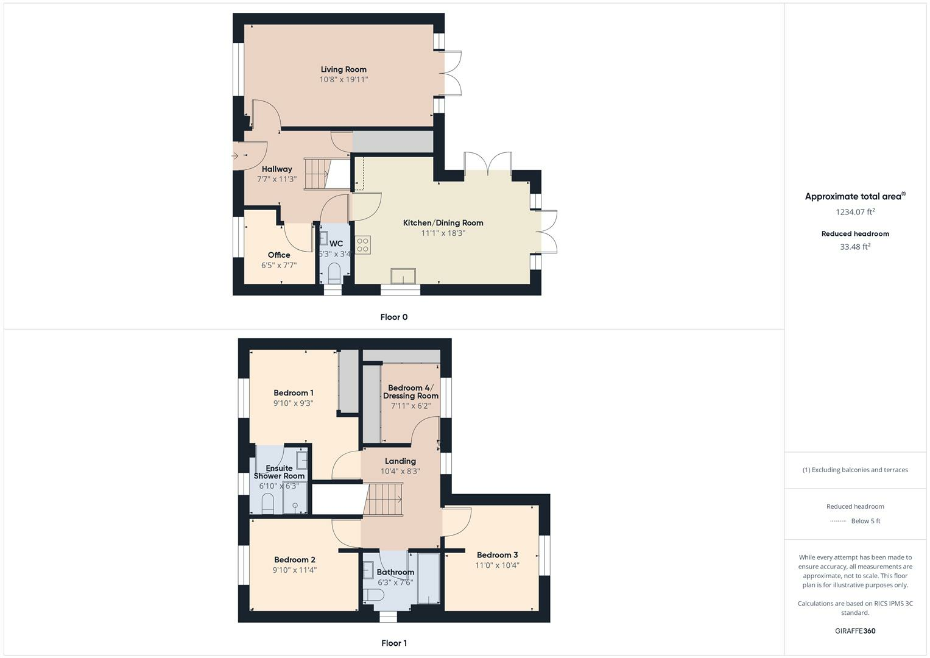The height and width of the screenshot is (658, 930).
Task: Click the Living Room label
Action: click(343, 69)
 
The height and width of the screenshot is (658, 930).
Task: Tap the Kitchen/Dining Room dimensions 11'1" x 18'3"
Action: click(443, 233)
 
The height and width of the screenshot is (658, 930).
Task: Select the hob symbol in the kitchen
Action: click(363, 245)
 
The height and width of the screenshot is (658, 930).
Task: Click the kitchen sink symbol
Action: click(403, 276)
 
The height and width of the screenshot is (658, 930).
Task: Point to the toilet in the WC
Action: click(334, 271)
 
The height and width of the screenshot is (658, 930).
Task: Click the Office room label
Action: click(279, 255)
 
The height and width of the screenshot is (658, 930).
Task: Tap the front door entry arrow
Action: click(235, 157)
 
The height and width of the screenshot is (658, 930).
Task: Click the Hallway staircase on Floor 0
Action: click(317, 174)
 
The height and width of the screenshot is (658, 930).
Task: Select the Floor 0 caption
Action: click(393, 317)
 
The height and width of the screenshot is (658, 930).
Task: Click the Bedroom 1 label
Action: click(294, 393)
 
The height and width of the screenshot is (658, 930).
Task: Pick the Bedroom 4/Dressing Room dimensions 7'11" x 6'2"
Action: click(410, 406)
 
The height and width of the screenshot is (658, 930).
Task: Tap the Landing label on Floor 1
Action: click(400, 461)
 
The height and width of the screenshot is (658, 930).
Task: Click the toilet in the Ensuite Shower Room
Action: click(267, 503)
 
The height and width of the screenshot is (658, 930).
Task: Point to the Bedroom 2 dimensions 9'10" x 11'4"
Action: click(295, 570)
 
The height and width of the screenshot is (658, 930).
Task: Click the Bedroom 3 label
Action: click(497, 555)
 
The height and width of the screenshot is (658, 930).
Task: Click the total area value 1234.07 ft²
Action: click(855, 212)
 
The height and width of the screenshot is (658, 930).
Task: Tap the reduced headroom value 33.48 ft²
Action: click(855, 247)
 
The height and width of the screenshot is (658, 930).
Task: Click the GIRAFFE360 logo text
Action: click(855, 631)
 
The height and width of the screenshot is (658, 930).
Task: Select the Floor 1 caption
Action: click(393, 643)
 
